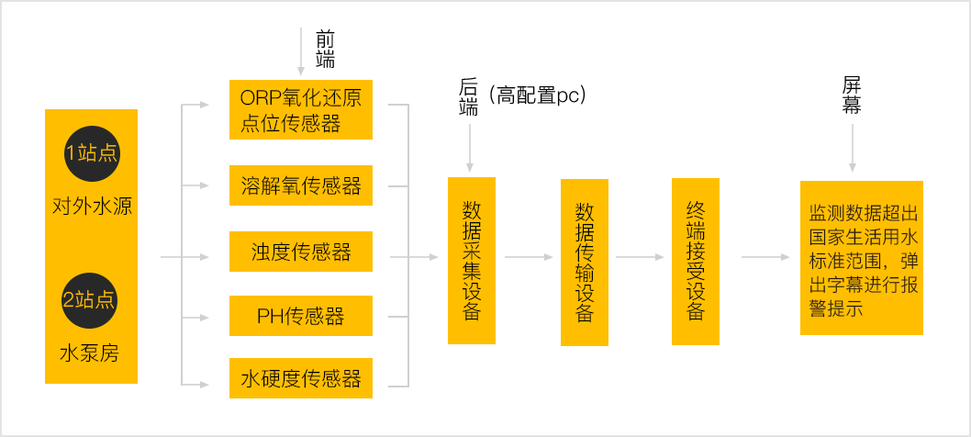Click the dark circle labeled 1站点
click(91, 152)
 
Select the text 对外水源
click(92, 205)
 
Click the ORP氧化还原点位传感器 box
click(300, 109)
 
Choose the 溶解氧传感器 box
click(300, 186)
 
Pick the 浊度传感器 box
click(300, 252)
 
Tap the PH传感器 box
click(300, 317)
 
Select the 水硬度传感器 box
click(300, 378)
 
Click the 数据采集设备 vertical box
click(472, 260)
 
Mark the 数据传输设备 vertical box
click(585, 262)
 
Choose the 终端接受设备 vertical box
click(696, 261)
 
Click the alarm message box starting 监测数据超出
click(861, 258)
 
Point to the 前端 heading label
click(325, 50)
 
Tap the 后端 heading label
click(468, 97)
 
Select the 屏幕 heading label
click(852, 94)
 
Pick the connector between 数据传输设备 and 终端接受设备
click(640, 256)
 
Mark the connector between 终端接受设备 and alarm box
click(765, 256)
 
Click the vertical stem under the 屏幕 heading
click(852, 147)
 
